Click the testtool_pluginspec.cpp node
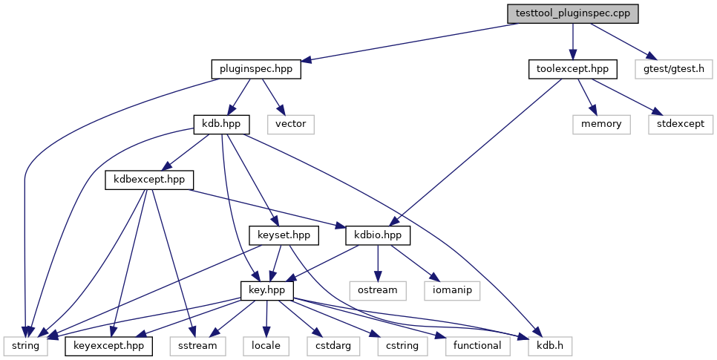(x=572, y=13)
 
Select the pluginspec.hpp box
(x=256, y=69)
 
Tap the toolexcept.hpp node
(x=573, y=69)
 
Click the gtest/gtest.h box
(x=673, y=69)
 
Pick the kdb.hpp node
(x=221, y=125)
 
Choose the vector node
(x=291, y=125)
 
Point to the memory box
(x=601, y=125)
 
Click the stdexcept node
(x=681, y=125)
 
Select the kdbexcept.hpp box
(x=149, y=180)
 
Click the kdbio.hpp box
(x=378, y=235)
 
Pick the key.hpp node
(x=267, y=291)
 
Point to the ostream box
(x=378, y=291)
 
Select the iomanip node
(x=452, y=291)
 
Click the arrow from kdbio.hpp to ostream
(x=378, y=263)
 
